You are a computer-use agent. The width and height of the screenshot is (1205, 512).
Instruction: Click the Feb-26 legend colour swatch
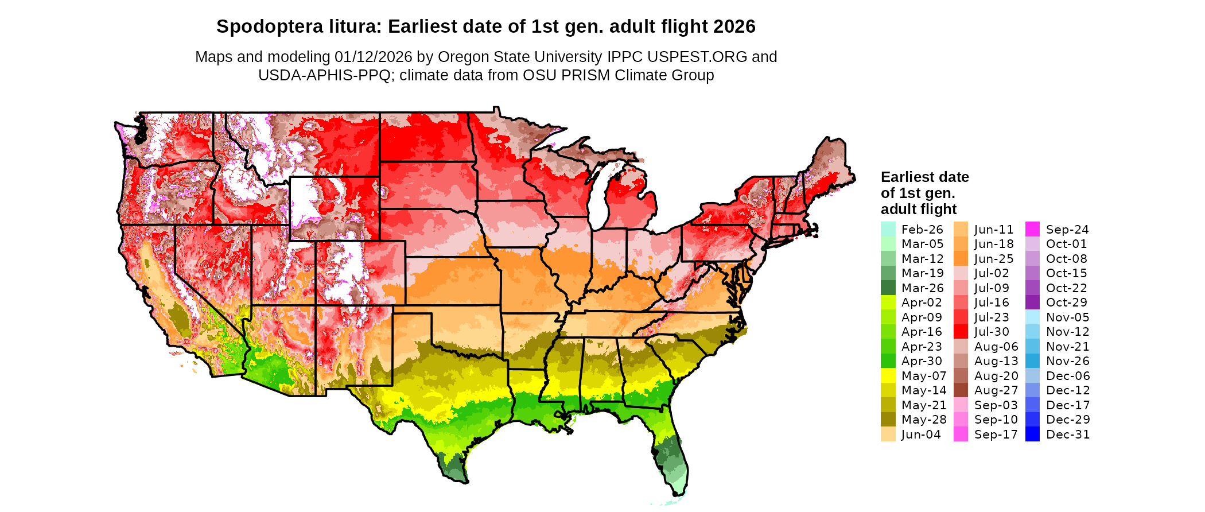click(888, 229)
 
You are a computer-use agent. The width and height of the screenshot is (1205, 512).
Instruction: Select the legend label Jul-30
click(992, 332)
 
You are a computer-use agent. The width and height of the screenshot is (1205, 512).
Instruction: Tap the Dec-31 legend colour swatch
click(1032, 435)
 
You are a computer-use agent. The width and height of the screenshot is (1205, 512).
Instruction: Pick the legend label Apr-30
click(922, 361)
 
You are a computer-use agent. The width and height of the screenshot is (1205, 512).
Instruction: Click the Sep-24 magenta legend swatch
click(1032, 229)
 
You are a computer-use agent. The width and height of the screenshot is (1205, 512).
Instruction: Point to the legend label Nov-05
click(1067, 317)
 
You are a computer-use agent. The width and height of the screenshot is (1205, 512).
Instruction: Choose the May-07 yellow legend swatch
click(888, 376)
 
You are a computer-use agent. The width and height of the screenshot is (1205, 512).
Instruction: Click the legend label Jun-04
click(921, 435)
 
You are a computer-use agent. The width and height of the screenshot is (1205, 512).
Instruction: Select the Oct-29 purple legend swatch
click(1032, 302)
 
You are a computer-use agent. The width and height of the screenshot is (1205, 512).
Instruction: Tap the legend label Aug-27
click(996, 390)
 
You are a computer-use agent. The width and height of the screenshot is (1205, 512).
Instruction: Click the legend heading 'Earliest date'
click(924, 177)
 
